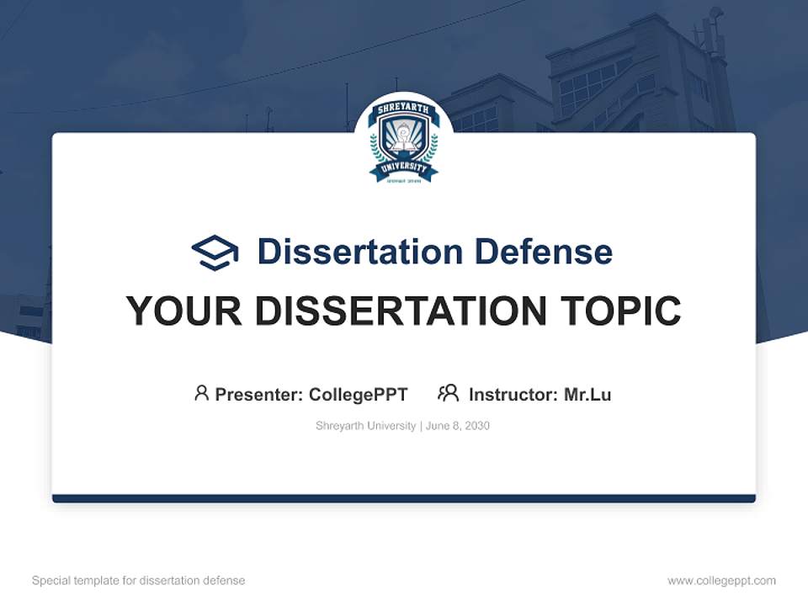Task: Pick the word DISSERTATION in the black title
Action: click(x=405, y=311)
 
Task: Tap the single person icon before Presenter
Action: click(x=201, y=393)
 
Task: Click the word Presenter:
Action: click(x=258, y=395)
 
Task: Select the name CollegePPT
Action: click(x=359, y=395)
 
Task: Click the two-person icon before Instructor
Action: click(x=448, y=393)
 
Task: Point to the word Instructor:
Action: click(x=513, y=395)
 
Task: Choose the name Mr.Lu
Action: click(x=587, y=395)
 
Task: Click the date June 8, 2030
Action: click(x=458, y=426)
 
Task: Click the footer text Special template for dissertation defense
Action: click(x=138, y=581)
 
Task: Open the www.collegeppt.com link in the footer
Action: click(x=721, y=581)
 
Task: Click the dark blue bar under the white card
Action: click(x=404, y=498)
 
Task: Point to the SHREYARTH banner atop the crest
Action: click(x=404, y=109)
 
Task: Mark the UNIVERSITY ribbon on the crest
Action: click(x=404, y=169)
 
